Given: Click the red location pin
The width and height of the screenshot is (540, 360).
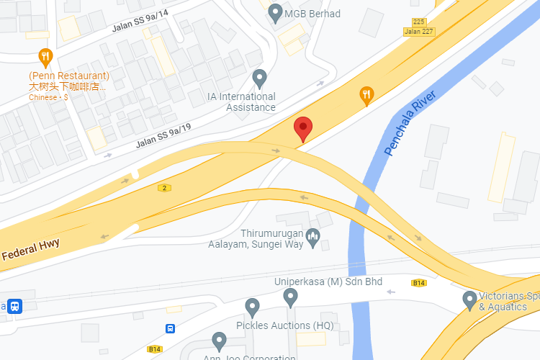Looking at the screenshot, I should (303, 129).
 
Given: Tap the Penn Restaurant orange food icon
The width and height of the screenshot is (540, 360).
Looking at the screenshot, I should (45, 57).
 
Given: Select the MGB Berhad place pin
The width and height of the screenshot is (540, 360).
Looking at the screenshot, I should (274, 13).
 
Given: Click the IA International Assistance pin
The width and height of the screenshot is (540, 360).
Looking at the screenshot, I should (260, 77).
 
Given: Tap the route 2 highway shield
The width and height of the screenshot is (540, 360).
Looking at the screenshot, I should (165, 188).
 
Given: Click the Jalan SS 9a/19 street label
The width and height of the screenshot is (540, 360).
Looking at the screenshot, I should (163, 135).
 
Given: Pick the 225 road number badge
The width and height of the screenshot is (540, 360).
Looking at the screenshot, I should (419, 22).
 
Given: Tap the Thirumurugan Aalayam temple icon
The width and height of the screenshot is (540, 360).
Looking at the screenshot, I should (312, 236).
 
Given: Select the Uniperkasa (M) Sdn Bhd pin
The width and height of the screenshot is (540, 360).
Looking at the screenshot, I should (290, 296).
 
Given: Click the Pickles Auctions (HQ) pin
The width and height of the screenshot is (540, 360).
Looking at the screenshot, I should (252, 307).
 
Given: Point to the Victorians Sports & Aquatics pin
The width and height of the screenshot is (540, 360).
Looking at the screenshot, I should (469, 298).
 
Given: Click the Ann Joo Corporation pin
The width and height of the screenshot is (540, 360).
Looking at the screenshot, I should (220, 341).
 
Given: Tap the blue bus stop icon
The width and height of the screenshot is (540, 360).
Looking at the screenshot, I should (170, 329).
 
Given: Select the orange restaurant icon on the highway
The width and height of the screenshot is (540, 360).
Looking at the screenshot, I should (366, 94).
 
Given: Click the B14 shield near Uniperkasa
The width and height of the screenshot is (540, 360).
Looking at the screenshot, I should (419, 283).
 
